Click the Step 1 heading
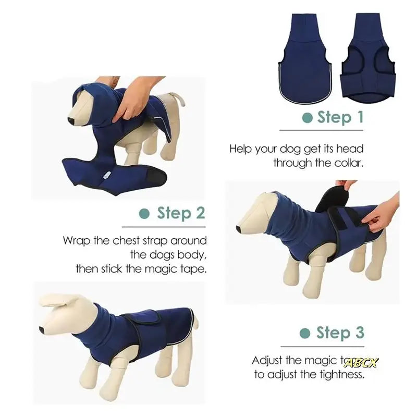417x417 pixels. point(340,117)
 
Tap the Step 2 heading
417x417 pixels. point(181,213)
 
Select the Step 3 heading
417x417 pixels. point(340,333)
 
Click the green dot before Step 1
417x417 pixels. point(307,118)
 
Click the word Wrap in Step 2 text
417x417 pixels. point(76,241)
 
